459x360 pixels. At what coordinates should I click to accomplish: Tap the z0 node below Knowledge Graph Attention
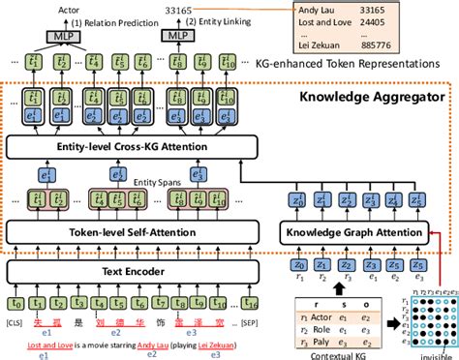tap(299, 265)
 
